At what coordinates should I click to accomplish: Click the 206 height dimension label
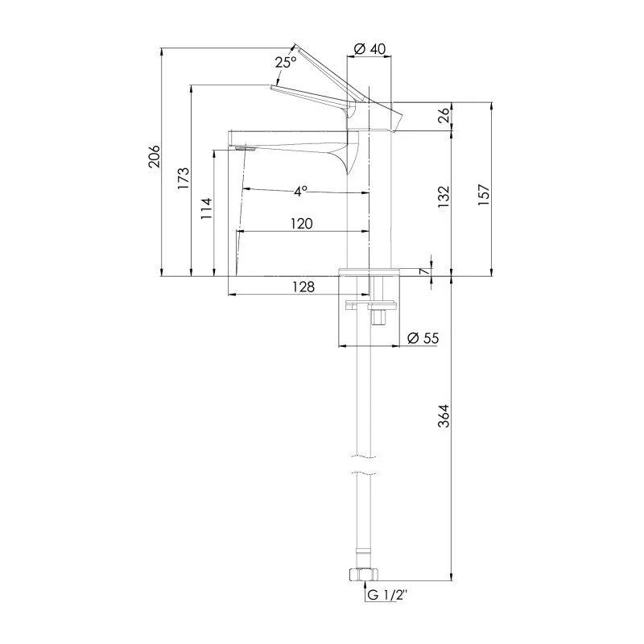point(155,156)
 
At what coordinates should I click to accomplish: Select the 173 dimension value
point(184,177)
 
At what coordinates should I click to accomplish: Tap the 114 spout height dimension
point(207,208)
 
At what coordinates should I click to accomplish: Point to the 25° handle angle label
point(286,62)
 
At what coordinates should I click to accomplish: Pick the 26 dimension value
point(444,116)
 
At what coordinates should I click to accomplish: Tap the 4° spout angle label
point(300,192)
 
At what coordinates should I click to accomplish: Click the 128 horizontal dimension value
point(303,287)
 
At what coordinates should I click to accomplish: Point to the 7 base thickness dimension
point(425,270)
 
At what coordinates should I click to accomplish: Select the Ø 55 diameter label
point(423,338)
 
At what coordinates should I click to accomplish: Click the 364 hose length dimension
point(444,415)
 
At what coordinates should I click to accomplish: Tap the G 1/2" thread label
point(389,595)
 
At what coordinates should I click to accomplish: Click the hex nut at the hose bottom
point(361,575)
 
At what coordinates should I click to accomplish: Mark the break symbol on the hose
point(361,465)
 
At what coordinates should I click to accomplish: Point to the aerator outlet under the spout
point(245,148)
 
